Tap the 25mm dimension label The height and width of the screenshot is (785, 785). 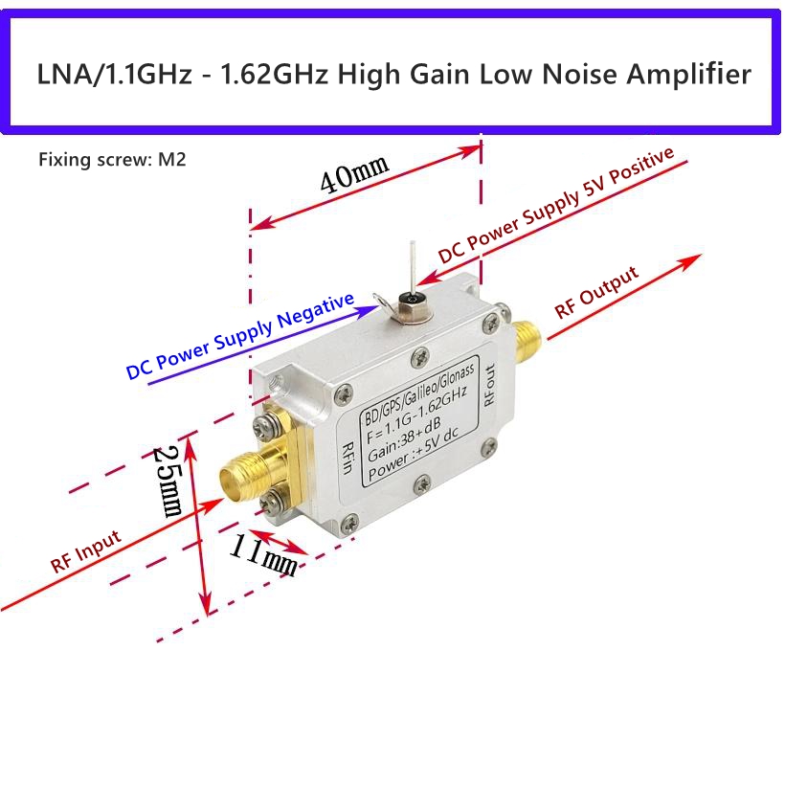tap(168, 482)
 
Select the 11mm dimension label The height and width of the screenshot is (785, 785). tap(264, 554)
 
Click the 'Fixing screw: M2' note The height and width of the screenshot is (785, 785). tap(112, 160)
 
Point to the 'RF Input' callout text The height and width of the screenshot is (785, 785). tap(85, 550)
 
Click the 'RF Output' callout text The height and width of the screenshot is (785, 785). tap(596, 292)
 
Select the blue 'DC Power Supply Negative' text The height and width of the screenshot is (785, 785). tap(239, 336)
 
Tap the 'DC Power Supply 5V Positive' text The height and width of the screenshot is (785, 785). tap(555, 205)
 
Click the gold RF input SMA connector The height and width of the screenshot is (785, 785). tap(256, 471)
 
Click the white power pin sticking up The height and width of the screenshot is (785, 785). tap(413, 268)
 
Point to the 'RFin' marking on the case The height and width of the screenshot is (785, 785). tap(348, 458)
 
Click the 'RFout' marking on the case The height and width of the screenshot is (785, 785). tap(489, 384)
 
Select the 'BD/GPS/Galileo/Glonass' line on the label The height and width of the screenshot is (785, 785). tap(418, 394)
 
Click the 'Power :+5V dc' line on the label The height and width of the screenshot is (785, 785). tap(414, 455)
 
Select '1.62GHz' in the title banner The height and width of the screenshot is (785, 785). tap(275, 74)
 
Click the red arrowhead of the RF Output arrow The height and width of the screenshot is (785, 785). tap(690, 262)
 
